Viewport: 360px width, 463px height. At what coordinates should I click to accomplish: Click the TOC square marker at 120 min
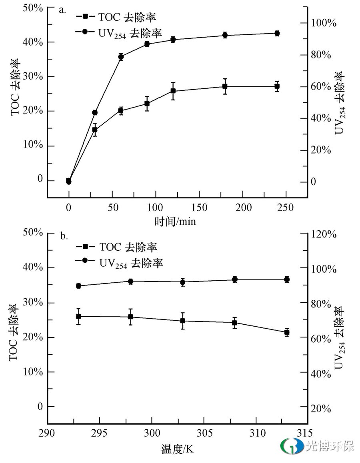(173, 91)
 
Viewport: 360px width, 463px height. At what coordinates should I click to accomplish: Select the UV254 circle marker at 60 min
(121, 57)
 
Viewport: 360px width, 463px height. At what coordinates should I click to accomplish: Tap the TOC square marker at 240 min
(277, 86)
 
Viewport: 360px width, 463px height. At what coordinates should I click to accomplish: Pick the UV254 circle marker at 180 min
(225, 35)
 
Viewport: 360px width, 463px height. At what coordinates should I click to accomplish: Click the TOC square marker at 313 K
(287, 332)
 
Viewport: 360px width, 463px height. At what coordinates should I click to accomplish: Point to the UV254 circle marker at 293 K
(79, 286)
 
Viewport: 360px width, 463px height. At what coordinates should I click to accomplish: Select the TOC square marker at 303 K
(183, 321)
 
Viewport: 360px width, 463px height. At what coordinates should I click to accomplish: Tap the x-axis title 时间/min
(175, 221)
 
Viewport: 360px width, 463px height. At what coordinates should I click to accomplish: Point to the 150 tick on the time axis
(199, 208)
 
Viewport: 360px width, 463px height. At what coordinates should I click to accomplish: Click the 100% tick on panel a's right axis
(324, 23)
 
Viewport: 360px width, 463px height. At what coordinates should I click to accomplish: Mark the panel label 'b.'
(64, 236)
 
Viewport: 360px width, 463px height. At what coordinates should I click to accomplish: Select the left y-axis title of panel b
(15, 332)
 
